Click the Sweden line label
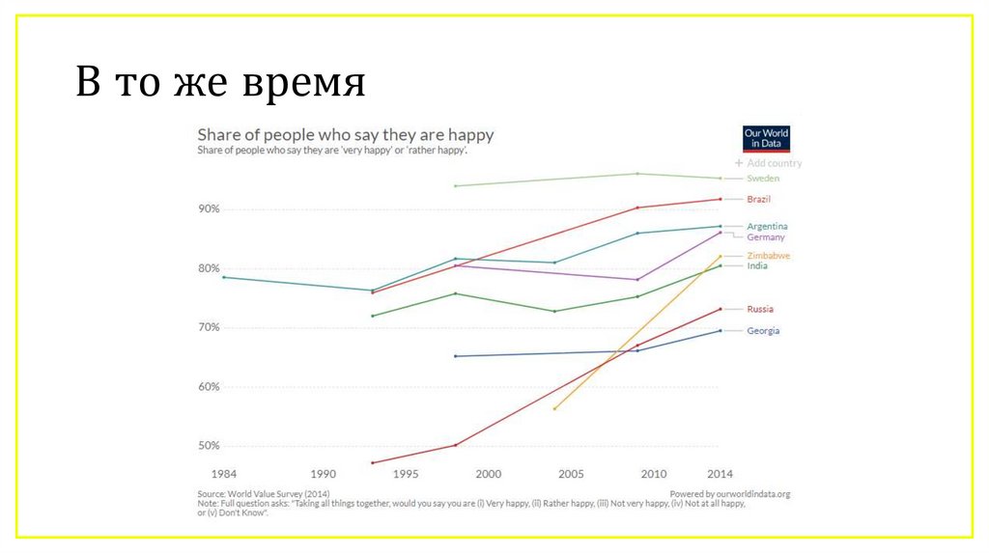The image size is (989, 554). click(763, 179)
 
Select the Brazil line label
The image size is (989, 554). click(758, 199)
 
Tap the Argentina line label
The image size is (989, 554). click(767, 226)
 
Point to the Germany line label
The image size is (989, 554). click(765, 237)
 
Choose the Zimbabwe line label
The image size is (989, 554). click(769, 255)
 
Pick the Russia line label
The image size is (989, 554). click(759, 309)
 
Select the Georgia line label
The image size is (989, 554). click(762, 331)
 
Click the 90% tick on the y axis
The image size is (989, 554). click(210, 208)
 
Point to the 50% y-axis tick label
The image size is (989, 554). click(210, 446)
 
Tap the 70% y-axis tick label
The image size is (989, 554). click(210, 327)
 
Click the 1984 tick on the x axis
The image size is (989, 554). click(223, 474)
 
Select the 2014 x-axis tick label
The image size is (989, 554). click(719, 474)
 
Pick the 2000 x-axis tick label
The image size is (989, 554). click(489, 474)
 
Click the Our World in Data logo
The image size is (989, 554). click(767, 138)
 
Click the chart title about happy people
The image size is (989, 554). click(345, 134)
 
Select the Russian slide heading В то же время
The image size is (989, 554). click(221, 83)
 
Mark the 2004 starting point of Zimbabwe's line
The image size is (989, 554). click(554, 409)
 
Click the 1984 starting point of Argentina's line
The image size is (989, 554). click(223, 277)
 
